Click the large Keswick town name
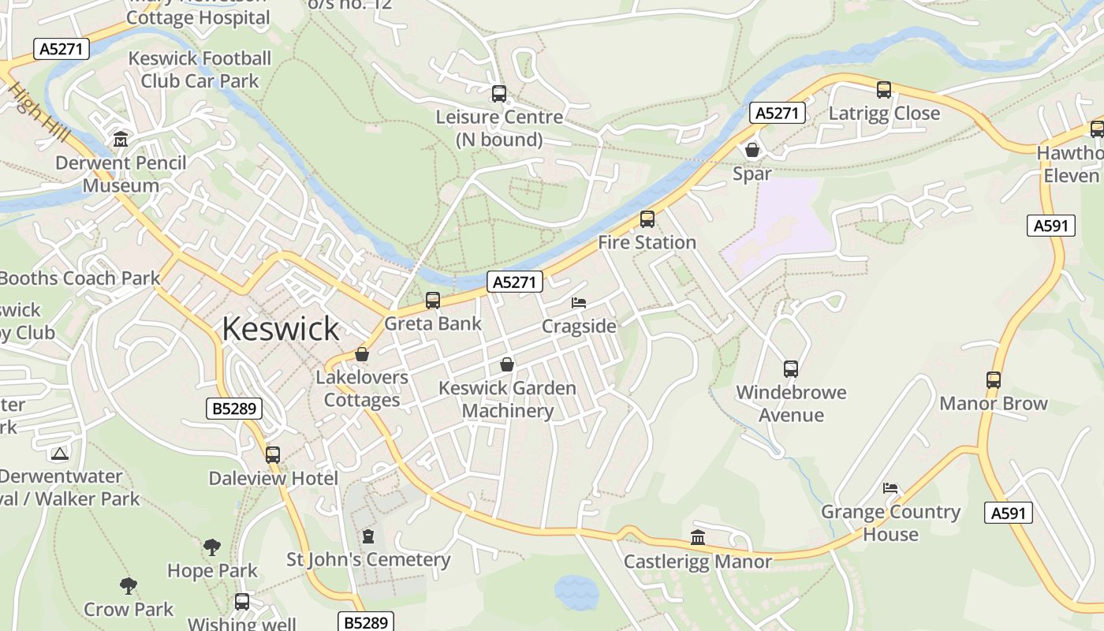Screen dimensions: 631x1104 280,328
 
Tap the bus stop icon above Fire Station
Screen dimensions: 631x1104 647,219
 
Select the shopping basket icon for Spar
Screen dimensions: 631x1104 752,150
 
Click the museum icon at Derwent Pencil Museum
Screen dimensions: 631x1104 121,140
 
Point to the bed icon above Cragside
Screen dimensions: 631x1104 579,303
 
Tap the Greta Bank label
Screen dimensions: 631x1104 432,323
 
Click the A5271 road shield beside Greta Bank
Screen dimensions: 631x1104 515,282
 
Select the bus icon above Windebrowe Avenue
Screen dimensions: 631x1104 791,368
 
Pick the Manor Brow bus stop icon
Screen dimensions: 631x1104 994,380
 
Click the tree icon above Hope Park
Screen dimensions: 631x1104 211,547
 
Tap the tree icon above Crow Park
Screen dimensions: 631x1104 129,586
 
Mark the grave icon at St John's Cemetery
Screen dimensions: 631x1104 368,537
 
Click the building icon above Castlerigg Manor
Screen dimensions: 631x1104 698,538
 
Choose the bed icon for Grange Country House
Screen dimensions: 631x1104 890,488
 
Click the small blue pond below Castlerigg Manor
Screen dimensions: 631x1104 576,592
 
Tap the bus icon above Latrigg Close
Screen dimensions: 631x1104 884,90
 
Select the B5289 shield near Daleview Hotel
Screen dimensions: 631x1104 233,408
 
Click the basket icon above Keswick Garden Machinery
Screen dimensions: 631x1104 507,364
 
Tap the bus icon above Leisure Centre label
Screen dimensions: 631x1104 499,94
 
